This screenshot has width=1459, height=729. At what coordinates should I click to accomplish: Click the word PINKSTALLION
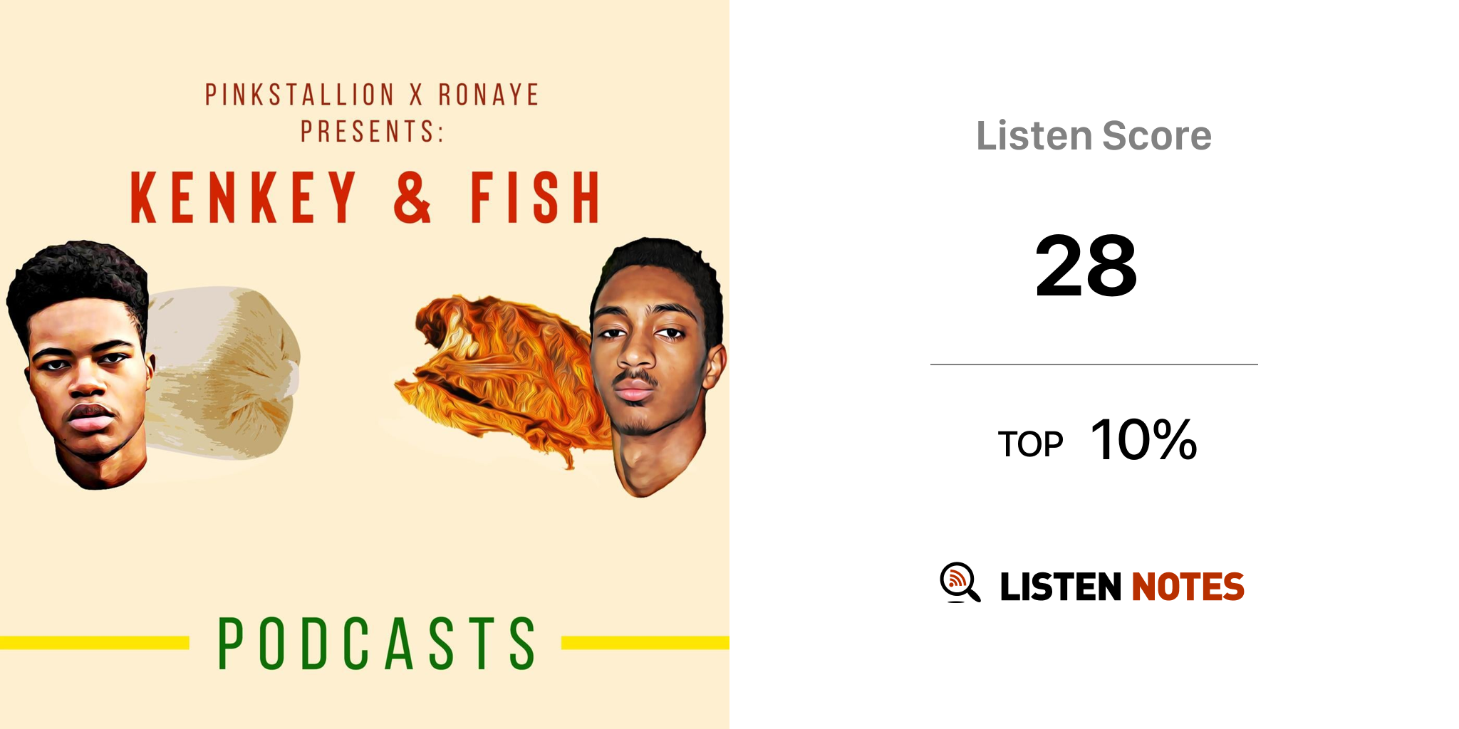[x=299, y=95]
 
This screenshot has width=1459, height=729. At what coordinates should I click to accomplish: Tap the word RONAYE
[x=489, y=95]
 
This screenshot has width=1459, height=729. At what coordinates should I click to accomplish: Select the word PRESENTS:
[x=372, y=131]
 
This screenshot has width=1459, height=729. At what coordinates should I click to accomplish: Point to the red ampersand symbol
[x=412, y=197]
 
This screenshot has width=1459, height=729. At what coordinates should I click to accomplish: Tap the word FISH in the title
[x=534, y=197]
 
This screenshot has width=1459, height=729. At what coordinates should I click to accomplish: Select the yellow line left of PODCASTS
[x=95, y=643]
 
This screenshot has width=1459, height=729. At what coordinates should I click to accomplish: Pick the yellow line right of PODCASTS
[x=645, y=643]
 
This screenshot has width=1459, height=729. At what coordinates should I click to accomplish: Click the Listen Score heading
[x=1094, y=135]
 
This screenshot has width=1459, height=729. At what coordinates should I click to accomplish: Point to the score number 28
[x=1086, y=266]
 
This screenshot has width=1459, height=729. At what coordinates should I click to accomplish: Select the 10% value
[x=1144, y=439]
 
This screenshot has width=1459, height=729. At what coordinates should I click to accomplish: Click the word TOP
[x=1030, y=444]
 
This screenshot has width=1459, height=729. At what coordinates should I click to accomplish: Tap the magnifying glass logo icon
[x=960, y=582]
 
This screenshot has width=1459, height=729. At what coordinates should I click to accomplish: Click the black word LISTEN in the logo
[x=1061, y=587]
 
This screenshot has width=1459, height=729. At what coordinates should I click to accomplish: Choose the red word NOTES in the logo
[x=1188, y=587]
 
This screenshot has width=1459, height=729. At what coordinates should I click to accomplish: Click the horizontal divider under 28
[x=1094, y=364]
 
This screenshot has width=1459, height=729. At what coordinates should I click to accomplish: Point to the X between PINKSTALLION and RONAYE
[x=416, y=95]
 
